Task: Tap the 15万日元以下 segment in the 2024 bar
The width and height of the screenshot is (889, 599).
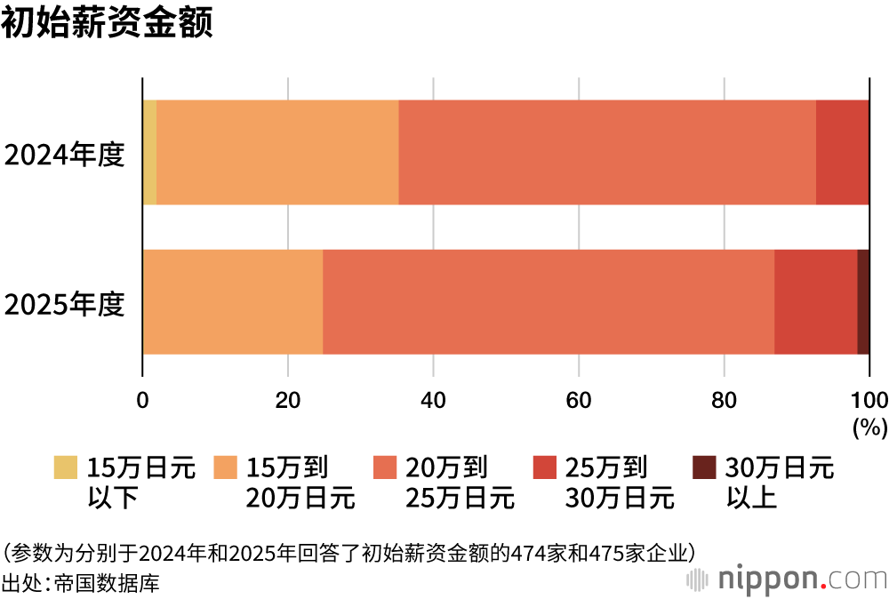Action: (149, 152)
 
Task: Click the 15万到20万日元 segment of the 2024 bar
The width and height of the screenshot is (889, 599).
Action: (277, 152)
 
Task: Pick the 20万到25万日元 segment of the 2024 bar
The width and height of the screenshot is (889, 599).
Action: (607, 152)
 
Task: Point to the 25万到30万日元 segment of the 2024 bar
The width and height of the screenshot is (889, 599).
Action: (842, 152)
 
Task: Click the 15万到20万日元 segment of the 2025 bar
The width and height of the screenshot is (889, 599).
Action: (233, 301)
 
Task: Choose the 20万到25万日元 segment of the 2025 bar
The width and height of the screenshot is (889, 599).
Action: (549, 301)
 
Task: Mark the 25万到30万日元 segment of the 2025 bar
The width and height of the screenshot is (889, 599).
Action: (815, 301)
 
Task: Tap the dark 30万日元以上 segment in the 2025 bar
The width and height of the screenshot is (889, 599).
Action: (863, 301)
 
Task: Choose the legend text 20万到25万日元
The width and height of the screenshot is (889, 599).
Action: (460, 482)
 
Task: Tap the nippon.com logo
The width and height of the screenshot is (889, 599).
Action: (787, 579)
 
